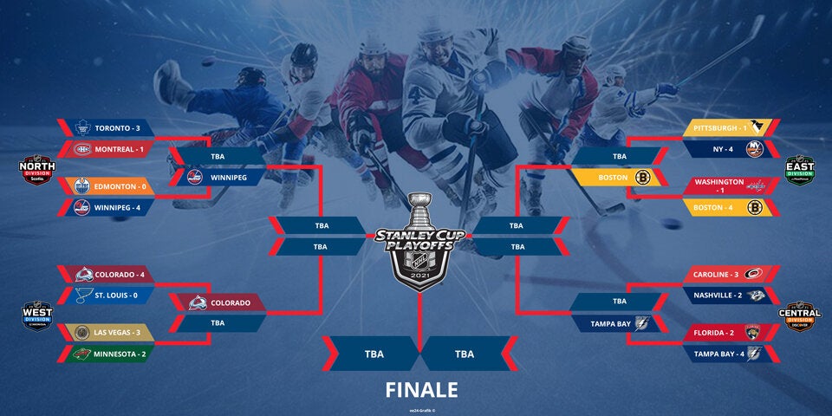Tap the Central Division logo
pos(800,316)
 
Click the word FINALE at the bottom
pos(421,389)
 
